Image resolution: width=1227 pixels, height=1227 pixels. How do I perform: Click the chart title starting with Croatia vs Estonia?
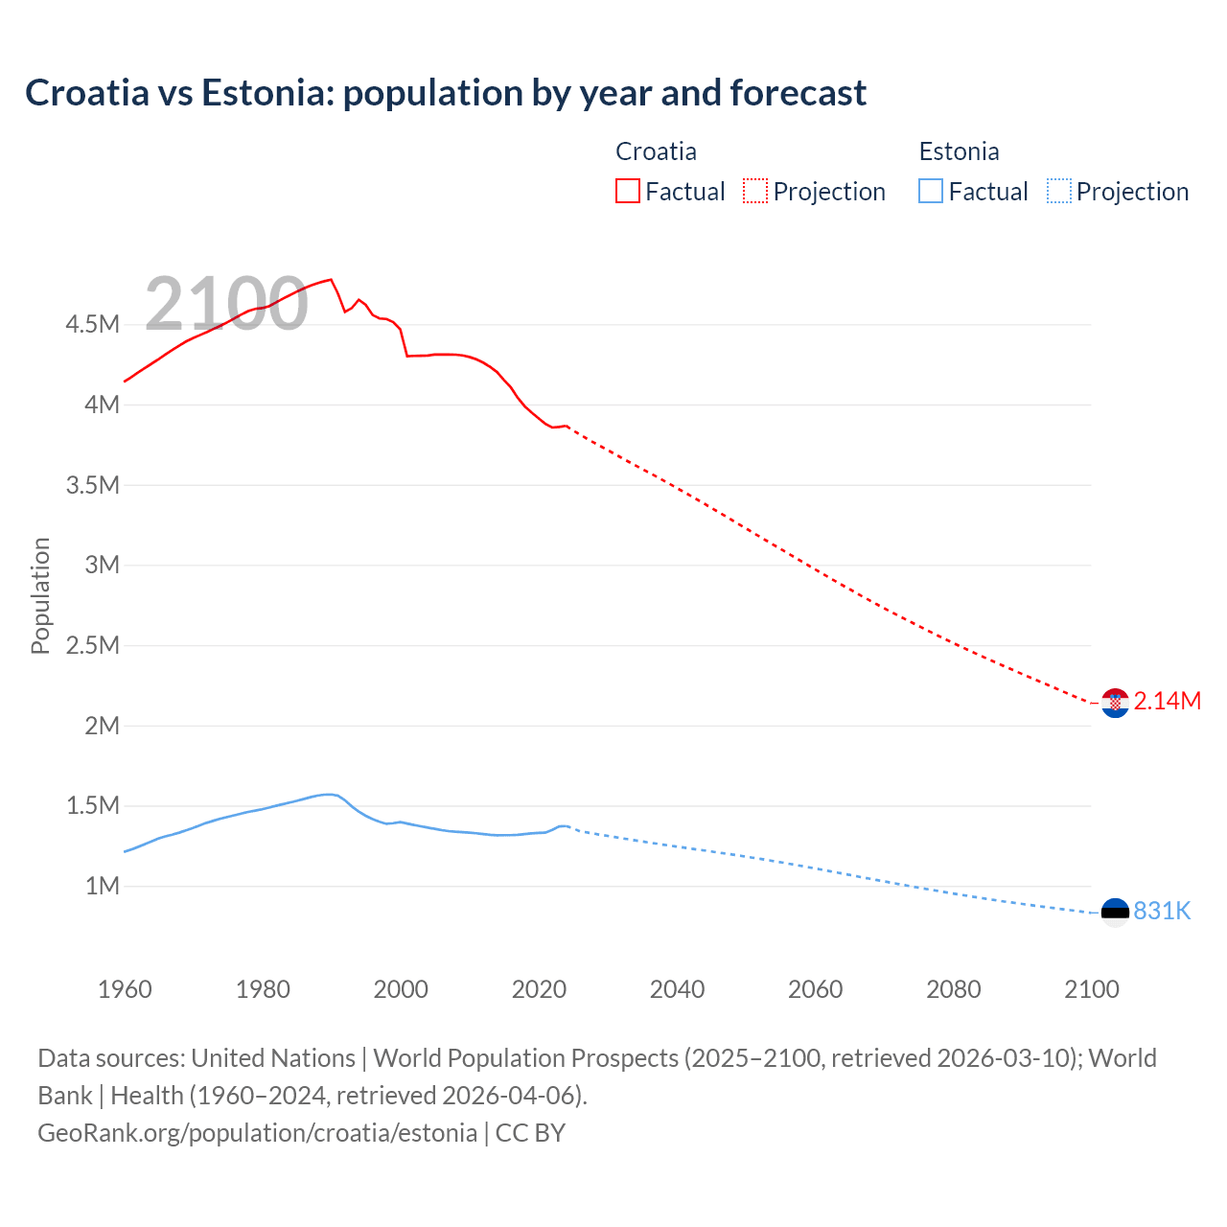coord(446,93)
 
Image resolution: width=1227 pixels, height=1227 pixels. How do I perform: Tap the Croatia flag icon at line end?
coord(1115,703)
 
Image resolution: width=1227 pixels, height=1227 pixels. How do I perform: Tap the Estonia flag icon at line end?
coord(1115,912)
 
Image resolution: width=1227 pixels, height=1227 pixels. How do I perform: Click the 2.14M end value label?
coord(1167,701)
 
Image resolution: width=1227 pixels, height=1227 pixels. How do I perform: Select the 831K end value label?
coord(1162,911)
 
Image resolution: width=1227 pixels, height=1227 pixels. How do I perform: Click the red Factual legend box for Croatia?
coord(628,191)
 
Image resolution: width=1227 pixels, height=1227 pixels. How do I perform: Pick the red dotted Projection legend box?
coord(755,191)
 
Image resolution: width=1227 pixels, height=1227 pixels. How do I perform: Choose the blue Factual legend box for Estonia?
coord(931,191)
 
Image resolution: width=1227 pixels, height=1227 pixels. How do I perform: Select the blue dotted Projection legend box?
coord(1059,191)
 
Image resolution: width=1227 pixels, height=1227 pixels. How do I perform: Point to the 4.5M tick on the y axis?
coord(93,324)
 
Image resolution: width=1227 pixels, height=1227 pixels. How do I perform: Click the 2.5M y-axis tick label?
coord(93,645)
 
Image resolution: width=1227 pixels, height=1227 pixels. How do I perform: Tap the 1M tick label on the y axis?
coord(102,886)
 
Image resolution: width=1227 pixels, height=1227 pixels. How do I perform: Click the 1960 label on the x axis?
coord(125,989)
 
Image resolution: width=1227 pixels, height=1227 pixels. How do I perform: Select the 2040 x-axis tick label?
coord(677,989)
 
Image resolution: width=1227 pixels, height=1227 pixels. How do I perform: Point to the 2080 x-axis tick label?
coord(953,989)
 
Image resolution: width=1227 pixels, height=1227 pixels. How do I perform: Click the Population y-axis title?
coord(40,595)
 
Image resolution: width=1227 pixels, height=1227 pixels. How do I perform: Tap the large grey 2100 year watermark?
coord(226,304)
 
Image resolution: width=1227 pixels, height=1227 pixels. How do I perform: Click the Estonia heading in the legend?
coord(959,151)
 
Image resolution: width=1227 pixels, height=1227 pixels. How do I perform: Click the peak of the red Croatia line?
coord(331,280)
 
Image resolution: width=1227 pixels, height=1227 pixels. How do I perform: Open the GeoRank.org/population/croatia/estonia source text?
coord(257,1133)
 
